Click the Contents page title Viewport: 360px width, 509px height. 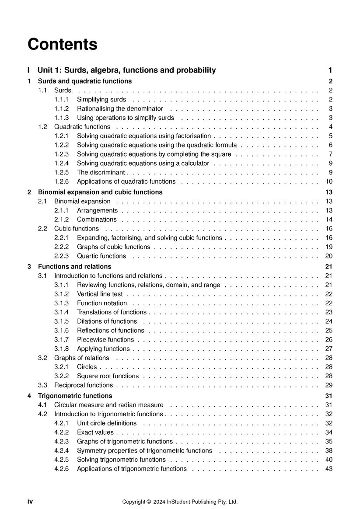[x=63, y=45]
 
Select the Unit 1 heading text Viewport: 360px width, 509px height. [x=127, y=70]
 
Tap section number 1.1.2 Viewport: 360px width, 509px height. [x=62, y=108]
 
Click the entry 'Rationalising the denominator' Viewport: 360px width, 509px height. [x=120, y=108]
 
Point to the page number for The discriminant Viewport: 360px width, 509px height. [x=331, y=172]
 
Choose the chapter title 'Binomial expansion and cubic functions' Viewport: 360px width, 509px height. [x=100, y=192]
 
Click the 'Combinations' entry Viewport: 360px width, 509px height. [x=97, y=220]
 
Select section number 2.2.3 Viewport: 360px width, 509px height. [x=62, y=256]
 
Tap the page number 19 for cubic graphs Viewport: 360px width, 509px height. [x=329, y=247]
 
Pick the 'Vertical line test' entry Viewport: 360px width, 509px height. [x=100, y=294]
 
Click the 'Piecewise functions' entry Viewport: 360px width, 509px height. [x=105, y=339]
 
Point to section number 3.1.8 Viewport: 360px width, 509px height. [x=62, y=349]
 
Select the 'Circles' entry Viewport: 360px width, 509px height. [x=87, y=367]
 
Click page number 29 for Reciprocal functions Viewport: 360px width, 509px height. [x=329, y=385]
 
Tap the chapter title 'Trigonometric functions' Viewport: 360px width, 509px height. [x=72, y=396]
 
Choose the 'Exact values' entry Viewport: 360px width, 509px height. [x=95, y=432]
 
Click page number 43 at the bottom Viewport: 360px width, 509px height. [x=329, y=469]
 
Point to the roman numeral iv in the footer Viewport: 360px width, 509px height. [x=30, y=502]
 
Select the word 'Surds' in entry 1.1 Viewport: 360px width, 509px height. [x=63, y=91]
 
